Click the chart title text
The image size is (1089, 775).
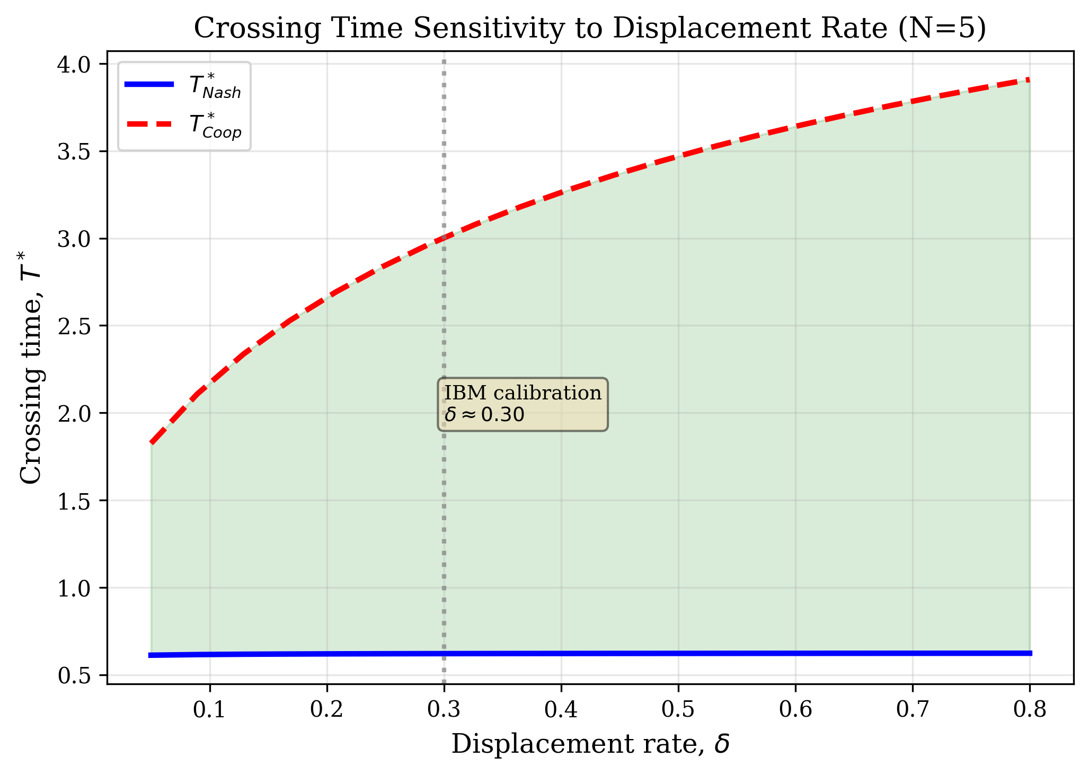[590, 29]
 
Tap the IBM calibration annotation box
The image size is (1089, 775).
[523, 404]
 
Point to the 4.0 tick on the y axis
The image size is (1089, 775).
[75, 65]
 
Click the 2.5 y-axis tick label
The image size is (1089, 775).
[75, 326]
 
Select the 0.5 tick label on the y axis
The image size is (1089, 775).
[75, 675]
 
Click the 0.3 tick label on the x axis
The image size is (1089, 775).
[444, 710]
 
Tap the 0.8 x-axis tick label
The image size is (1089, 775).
[1029, 710]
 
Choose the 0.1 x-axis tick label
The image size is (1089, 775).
[210, 710]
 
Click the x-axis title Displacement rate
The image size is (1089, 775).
[590, 744]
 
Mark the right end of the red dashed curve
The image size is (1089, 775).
[1029, 79]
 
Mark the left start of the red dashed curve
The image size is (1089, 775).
[152, 442]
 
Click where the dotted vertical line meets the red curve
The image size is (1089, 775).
[444, 238]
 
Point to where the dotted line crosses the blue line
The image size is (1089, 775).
[444, 654]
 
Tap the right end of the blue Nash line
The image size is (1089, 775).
[1030, 653]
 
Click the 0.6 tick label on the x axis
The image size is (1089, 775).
[795, 710]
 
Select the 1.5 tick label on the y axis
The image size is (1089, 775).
[75, 501]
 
